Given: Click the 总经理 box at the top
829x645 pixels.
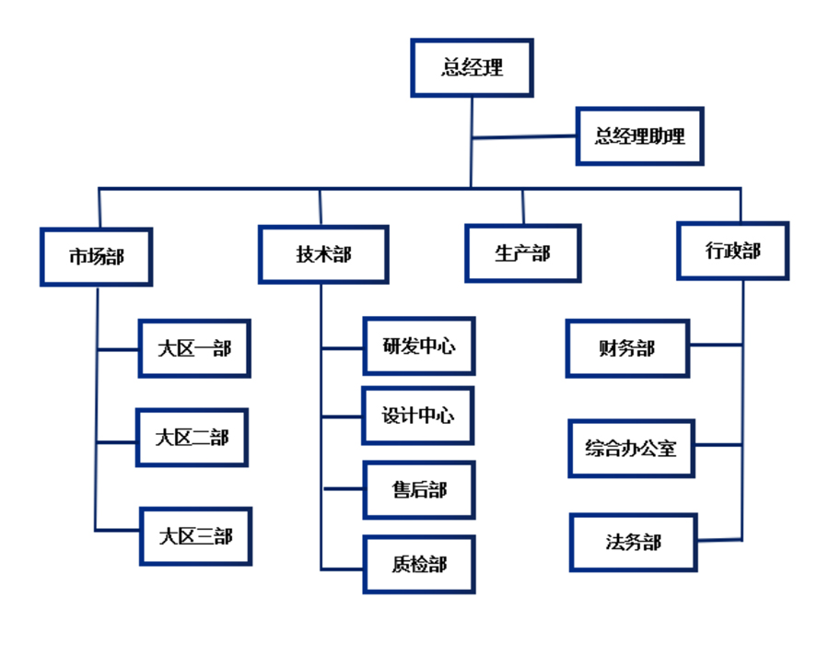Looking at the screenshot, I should (x=472, y=67).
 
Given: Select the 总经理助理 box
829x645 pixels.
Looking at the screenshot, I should (x=639, y=136).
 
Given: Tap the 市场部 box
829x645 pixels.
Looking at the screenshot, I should (x=96, y=255).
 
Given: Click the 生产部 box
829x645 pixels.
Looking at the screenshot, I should (x=522, y=252).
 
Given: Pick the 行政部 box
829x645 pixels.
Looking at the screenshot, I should (x=732, y=250).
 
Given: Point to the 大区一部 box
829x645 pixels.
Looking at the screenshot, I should (x=194, y=348).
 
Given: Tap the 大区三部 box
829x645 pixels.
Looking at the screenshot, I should (x=195, y=535).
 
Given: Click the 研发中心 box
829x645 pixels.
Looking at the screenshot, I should (x=419, y=346).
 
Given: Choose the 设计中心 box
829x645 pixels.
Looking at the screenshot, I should (x=418, y=416).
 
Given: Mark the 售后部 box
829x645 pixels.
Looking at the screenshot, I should (x=419, y=490).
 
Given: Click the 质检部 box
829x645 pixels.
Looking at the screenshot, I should (x=419, y=564).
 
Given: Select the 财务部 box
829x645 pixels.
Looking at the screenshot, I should (x=626, y=348).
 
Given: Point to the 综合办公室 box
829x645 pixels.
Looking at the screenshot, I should (x=630, y=449).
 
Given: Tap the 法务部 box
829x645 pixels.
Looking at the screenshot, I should (x=633, y=542).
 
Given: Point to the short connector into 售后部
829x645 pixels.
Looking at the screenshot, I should (x=343, y=489).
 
